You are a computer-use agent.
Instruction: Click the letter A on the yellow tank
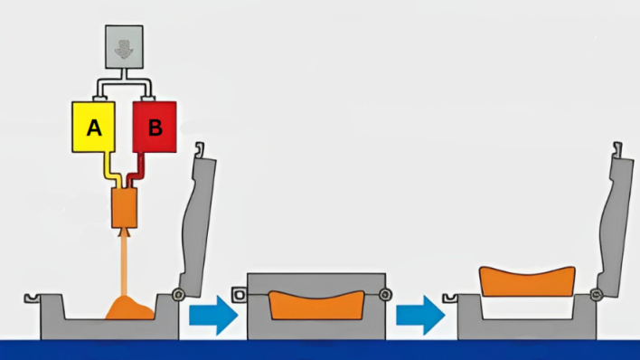[94, 128]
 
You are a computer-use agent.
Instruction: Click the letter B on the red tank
[155, 128]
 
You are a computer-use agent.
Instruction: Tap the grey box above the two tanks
[124, 47]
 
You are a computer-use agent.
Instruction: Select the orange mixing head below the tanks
[124, 207]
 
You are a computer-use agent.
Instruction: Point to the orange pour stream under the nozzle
[124, 266]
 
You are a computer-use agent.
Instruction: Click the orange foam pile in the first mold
[130, 308]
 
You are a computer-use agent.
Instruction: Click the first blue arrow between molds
[213, 316]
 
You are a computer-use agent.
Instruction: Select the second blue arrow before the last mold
[420, 316]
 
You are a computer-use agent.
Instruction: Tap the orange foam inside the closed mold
[316, 306]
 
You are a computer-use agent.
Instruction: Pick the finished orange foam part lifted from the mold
[527, 282]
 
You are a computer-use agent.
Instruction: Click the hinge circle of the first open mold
[178, 294]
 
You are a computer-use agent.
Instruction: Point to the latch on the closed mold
[240, 295]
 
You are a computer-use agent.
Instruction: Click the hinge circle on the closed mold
[384, 294]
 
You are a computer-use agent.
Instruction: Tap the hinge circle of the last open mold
[596, 294]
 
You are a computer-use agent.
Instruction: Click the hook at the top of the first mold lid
[199, 149]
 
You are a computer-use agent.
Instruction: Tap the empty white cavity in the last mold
[527, 308]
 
